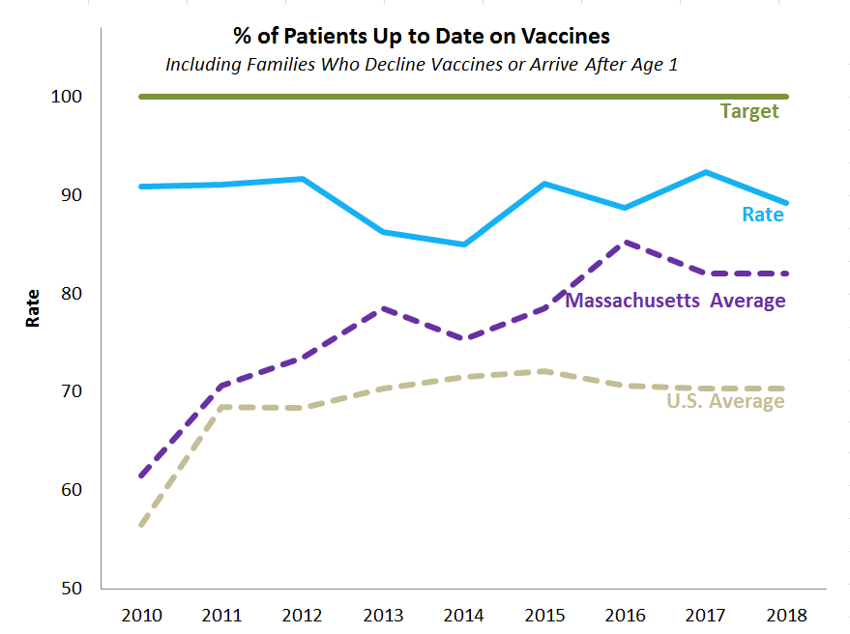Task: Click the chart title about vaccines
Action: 421,37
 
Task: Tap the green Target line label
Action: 748,111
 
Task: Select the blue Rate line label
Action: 762,215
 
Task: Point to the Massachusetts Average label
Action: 675,301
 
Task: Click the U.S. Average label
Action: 725,401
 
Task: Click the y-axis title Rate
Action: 33,308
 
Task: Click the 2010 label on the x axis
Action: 141,615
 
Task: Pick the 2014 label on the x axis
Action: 464,615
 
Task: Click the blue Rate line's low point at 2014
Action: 464,245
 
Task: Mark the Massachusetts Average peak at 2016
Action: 626,242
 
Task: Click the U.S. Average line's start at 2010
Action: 141,525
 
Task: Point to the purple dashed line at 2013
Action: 384,308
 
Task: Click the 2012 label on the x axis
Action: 303,615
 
